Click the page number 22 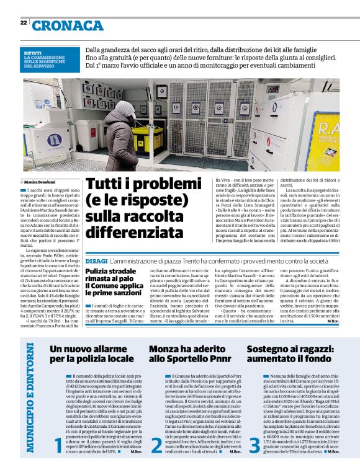[x=23, y=23]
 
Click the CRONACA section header [x=66, y=25]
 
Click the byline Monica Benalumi [x=42, y=182]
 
